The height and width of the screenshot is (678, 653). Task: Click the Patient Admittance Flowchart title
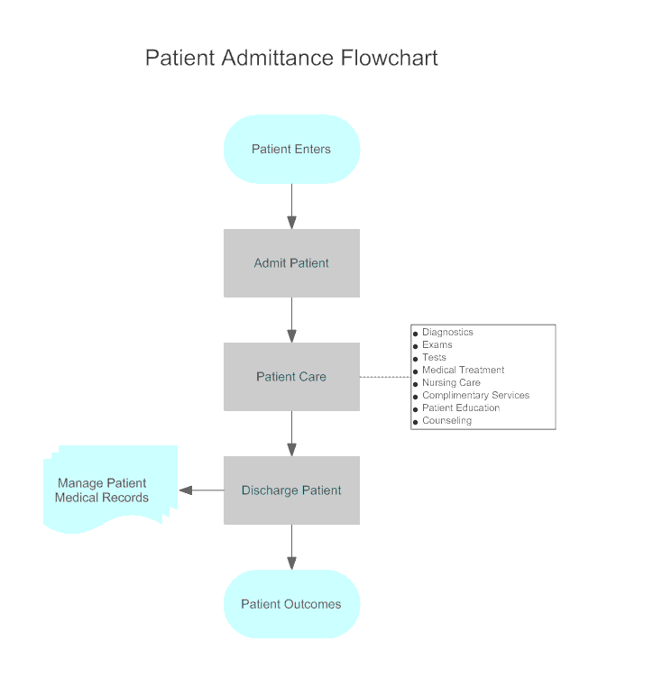point(291,59)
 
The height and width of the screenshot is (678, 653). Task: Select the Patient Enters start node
point(291,150)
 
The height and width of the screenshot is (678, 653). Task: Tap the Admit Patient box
point(291,263)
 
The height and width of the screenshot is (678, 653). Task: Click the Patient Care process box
point(291,377)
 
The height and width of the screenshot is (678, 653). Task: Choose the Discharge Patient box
point(291,490)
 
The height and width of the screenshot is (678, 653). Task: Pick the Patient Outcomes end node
point(291,604)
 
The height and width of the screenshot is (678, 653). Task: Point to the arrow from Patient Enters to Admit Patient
point(291,206)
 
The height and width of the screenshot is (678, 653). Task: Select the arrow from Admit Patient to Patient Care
point(291,320)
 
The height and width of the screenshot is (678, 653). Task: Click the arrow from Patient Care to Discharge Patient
point(291,434)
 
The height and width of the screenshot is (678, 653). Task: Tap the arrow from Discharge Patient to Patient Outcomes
point(291,547)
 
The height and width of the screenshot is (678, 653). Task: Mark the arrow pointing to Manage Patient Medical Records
point(201,490)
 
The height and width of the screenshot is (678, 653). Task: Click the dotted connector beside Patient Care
point(385,377)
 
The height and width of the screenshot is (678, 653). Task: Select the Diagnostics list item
point(447,333)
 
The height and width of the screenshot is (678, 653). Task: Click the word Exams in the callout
point(437,345)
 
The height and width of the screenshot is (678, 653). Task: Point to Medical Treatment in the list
point(463,371)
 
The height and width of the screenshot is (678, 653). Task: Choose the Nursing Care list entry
point(451,383)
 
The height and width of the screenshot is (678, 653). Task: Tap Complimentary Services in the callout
point(475,396)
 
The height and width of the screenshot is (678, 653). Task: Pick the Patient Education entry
point(461,408)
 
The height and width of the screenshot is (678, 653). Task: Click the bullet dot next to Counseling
point(415,422)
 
